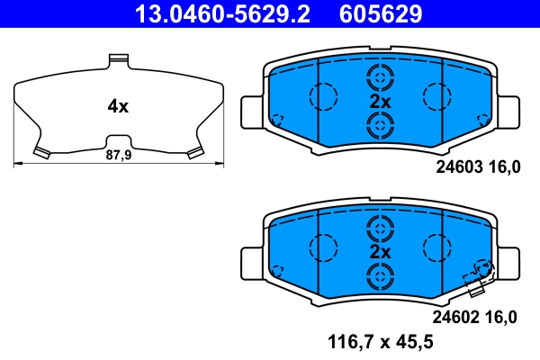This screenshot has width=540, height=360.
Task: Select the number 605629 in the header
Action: (x=379, y=13)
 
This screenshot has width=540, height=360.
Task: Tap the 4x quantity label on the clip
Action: (x=118, y=106)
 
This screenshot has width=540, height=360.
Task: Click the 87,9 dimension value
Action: (x=118, y=155)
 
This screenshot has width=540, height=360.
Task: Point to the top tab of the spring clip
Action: (x=117, y=60)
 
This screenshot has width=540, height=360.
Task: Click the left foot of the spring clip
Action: (x=41, y=152)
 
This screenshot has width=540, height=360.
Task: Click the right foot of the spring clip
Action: (x=193, y=152)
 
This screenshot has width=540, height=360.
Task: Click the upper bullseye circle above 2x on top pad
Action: (x=379, y=76)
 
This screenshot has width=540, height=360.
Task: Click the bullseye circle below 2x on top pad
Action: (x=379, y=127)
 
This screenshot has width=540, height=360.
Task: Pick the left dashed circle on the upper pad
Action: (x=322, y=94)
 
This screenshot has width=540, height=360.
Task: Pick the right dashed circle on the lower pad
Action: (x=436, y=245)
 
